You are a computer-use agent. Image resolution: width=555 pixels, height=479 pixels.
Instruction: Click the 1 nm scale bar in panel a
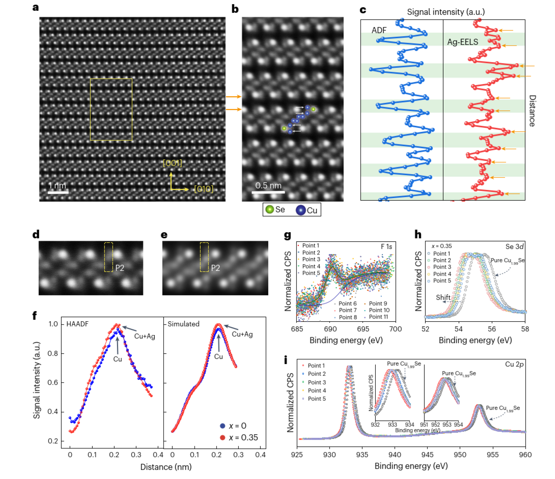(58, 192)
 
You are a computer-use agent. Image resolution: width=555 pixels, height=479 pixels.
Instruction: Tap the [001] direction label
(172, 163)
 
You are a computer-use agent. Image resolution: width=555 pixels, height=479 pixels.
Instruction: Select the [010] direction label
(203, 189)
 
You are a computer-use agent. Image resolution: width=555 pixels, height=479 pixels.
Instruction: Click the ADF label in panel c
(378, 31)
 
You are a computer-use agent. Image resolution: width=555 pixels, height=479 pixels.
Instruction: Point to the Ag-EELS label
(463, 43)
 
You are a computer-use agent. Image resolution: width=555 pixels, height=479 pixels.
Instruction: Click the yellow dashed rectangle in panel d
(108, 257)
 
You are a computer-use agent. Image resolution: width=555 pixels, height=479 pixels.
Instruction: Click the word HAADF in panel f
(78, 324)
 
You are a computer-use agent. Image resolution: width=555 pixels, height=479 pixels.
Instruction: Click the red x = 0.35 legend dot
(222, 437)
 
